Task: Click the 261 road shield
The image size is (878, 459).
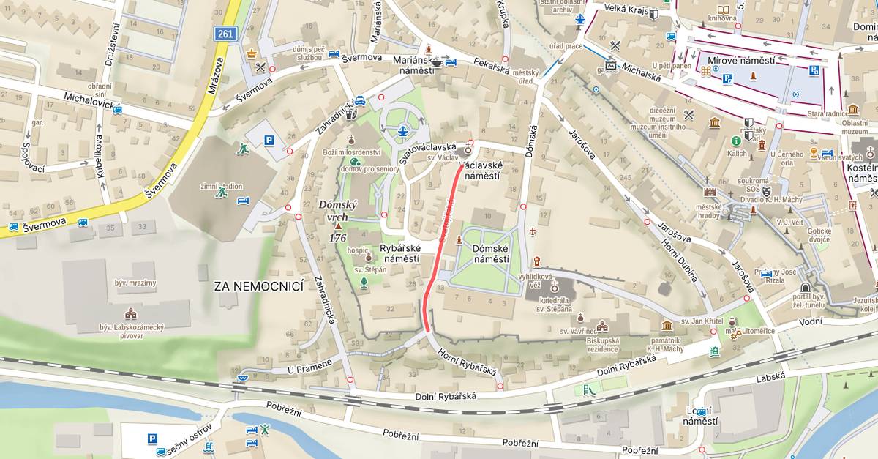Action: coord(225,34)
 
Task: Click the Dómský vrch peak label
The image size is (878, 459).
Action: coord(337,212)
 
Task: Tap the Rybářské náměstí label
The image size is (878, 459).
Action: coord(399,253)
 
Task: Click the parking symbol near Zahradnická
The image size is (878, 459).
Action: coord(269,141)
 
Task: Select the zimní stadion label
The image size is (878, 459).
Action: coord(221,186)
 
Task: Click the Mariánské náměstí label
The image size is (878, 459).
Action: coord(414,64)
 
